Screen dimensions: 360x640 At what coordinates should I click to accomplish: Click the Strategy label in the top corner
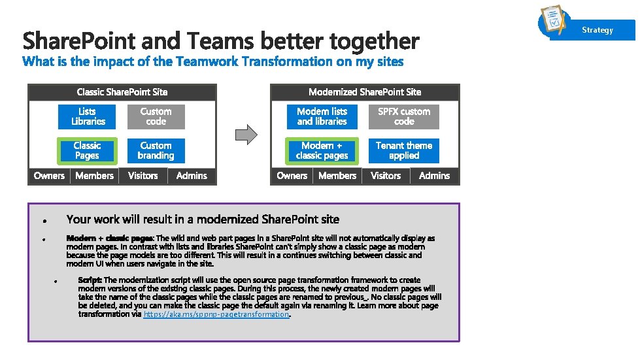pos(598,30)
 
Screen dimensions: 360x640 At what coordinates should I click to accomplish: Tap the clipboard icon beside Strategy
pos(553,21)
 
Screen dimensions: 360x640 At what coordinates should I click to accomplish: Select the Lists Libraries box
pos(88,117)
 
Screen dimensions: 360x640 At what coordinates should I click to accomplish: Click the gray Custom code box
pos(156,117)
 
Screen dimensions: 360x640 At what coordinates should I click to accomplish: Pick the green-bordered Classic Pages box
pos(87,151)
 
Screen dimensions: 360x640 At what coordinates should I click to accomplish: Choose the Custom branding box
pos(156,151)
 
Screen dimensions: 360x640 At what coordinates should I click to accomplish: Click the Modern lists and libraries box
pos(322,117)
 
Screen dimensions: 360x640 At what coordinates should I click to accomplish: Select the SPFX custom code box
pos(404,117)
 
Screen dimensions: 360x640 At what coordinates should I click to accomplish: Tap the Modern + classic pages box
pos(322,151)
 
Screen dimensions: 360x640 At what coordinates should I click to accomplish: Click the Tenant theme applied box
pos(404,151)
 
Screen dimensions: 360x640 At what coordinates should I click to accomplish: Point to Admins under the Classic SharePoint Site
pos(192,176)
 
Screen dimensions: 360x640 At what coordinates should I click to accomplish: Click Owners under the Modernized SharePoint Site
pos(292,176)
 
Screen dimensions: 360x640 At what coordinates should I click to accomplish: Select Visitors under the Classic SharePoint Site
pos(143,176)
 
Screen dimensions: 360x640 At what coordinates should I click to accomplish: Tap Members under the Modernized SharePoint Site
pos(337,176)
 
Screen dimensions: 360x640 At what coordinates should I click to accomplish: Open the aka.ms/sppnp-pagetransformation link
pos(216,314)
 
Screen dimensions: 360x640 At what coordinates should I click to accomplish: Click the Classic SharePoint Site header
pos(122,92)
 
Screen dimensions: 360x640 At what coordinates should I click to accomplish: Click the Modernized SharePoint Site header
pos(365,92)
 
